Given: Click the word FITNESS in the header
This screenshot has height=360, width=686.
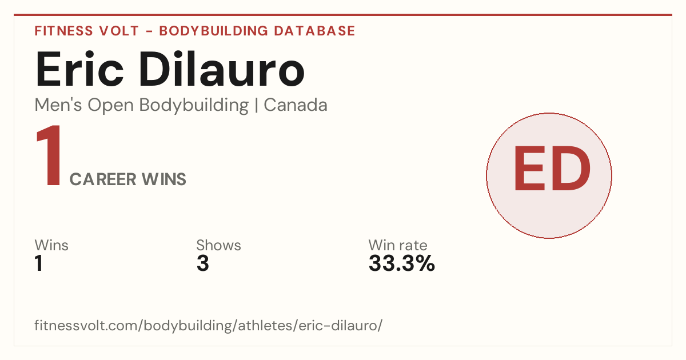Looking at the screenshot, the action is point(63,31).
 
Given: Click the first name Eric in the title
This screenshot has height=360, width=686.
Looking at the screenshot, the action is point(79,69).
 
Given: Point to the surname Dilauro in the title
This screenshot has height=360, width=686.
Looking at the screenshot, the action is point(222,69).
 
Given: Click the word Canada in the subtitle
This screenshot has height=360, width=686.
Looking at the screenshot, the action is point(296,105).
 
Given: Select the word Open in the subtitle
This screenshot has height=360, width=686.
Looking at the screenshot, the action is point(111,106).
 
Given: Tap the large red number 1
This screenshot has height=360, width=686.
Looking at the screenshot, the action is point(49,155).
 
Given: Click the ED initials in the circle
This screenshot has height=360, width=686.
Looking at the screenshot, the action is point(552,169).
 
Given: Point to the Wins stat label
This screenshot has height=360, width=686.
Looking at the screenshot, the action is point(51,245).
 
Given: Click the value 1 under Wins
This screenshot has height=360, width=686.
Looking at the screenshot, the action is point(39,263).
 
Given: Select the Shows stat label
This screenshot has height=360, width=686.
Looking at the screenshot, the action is point(218,245).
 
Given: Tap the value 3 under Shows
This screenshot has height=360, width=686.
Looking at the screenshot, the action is point(203,263).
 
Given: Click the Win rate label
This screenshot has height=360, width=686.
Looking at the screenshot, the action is point(398,245).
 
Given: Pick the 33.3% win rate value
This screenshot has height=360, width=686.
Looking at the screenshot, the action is point(402,263).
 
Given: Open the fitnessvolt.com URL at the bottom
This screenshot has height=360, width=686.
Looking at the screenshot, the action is point(209,325).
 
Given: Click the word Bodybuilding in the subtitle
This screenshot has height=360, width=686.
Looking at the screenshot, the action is point(194,106).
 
